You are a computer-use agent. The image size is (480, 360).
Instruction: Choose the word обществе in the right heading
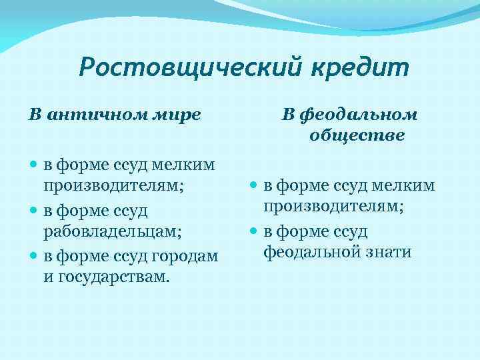coord(357,135)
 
